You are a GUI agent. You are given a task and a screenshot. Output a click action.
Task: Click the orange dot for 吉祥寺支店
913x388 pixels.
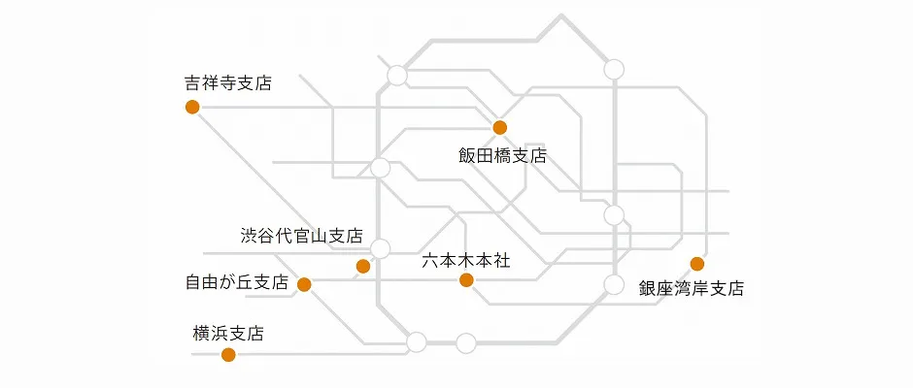[192, 107]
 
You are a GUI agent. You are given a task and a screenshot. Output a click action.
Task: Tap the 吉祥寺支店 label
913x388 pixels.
[228, 82]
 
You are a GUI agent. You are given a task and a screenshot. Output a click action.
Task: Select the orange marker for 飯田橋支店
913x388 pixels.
[500, 127]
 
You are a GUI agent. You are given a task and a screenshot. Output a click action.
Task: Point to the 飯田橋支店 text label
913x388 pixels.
[502, 155]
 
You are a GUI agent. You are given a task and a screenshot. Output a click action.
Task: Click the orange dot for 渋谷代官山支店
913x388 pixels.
[363, 266]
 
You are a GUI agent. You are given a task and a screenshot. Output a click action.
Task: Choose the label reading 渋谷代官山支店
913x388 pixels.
[301, 236]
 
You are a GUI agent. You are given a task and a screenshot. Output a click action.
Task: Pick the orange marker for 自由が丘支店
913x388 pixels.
[304, 284]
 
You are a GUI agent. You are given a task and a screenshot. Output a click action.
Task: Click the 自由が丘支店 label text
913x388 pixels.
[237, 283]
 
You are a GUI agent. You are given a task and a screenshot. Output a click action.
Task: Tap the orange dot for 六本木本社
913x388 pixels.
[466, 280]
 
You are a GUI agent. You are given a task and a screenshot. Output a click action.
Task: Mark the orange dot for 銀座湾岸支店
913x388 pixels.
[696, 264]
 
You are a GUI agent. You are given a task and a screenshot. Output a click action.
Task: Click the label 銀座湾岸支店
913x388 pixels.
[691, 288]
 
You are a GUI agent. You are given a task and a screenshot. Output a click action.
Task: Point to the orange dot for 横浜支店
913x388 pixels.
[228, 354]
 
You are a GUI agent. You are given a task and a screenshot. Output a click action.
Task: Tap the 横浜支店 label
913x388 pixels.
[228, 334]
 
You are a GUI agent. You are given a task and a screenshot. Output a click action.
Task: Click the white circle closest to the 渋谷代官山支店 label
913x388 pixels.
[381, 248]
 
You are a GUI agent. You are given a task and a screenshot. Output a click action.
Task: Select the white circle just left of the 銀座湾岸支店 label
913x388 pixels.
[614, 284]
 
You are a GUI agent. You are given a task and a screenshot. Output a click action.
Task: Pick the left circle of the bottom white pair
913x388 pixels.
[417, 341]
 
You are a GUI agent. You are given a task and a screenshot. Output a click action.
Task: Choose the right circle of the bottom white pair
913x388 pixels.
[466, 342]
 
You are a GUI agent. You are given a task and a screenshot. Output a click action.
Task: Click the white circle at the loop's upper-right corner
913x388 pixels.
[614, 69]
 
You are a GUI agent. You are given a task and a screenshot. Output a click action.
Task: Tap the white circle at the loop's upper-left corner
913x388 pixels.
[397, 76]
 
